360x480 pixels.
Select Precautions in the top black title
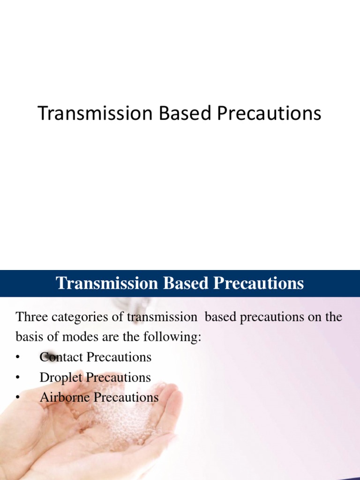point(265,114)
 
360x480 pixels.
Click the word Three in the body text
point(30,317)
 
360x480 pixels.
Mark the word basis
point(29,337)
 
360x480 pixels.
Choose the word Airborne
point(65,397)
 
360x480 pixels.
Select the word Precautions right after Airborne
point(126,397)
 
